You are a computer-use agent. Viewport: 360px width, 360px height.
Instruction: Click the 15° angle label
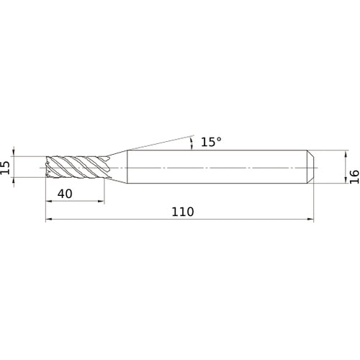click(211, 142)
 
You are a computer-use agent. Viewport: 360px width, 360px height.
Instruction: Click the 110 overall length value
click(183, 212)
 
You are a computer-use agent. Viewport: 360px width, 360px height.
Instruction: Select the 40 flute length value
click(65, 194)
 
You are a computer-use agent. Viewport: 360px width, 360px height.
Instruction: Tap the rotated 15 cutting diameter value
click(5, 167)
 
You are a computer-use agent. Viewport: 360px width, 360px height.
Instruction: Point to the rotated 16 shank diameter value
click(354, 176)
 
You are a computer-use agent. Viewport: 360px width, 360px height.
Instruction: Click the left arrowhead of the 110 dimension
click(49, 219)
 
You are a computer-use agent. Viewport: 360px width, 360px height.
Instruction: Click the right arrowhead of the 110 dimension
click(310, 219)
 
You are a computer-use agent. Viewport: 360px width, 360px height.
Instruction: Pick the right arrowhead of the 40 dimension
click(101, 201)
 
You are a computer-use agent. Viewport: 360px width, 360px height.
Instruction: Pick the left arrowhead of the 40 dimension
click(49, 201)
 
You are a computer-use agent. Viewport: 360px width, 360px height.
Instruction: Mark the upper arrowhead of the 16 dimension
click(346, 153)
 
